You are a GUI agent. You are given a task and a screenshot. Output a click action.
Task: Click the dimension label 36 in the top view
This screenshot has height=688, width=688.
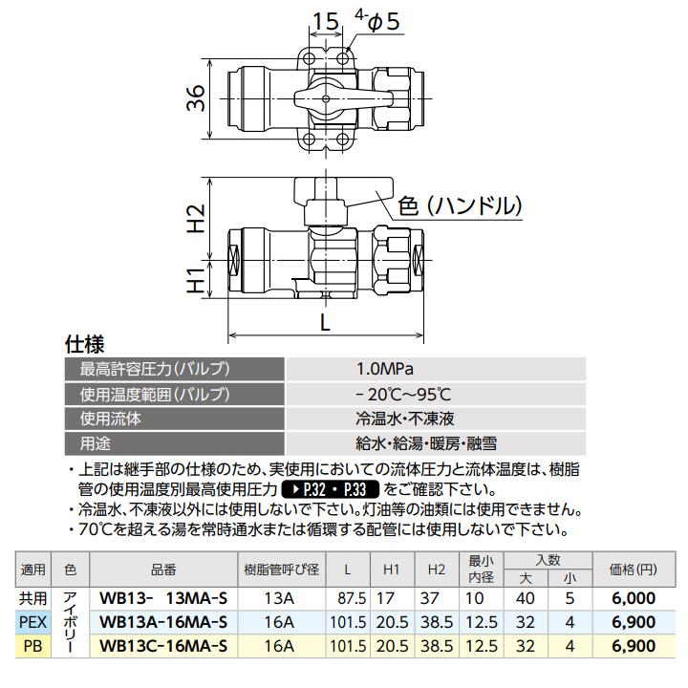195,99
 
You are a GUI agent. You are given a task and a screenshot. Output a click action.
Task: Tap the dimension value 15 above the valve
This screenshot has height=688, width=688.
325,21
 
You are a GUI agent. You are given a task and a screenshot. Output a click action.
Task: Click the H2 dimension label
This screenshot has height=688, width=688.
195,219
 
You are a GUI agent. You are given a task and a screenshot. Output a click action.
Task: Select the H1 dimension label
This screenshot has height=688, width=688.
195,279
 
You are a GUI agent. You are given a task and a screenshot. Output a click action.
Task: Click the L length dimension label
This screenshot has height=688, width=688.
326,324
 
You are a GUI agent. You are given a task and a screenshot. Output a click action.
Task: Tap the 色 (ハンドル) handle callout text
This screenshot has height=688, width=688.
462,204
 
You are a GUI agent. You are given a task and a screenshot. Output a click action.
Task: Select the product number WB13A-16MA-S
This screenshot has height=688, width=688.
163,621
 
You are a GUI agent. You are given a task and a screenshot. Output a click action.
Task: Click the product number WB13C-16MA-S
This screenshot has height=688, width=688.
163,645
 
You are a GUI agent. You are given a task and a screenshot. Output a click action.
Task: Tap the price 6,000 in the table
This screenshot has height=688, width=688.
632,598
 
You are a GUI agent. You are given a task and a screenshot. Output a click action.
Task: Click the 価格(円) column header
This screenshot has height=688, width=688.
633,569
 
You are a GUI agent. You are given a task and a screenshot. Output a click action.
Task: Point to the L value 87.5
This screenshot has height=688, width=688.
351,598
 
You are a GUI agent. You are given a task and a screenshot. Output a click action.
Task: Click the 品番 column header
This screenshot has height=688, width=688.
163,569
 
